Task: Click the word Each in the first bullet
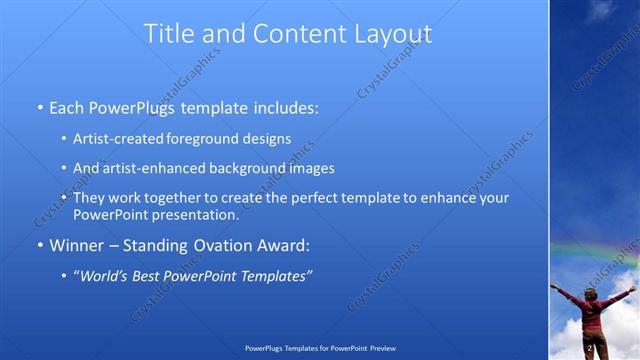click(67, 106)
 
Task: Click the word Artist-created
click(114, 139)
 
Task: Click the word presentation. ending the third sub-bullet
click(193, 214)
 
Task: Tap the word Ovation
click(211, 245)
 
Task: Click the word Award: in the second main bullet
click(275, 245)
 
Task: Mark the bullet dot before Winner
click(40, 245)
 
